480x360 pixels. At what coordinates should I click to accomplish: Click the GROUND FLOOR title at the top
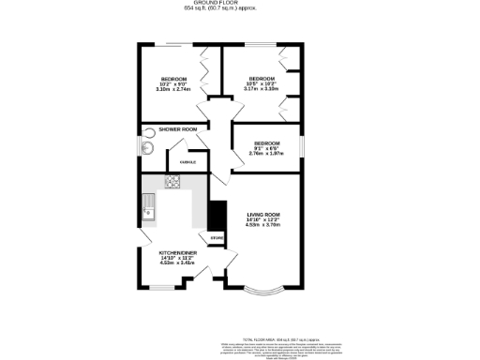coord(240,3)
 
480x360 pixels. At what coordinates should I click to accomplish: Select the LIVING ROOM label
coord(263,215)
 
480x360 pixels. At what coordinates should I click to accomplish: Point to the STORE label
coord(217,239)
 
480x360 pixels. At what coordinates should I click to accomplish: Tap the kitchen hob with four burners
coord(173,182)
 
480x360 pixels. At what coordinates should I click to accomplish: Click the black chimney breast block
coord(217,216)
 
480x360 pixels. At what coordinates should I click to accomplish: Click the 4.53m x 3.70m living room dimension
coord(263,226)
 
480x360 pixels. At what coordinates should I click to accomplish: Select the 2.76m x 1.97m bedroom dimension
coord(266,153)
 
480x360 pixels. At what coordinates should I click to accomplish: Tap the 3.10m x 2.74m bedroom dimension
coord(174,90)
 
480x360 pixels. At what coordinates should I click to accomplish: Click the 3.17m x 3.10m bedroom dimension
coord(262,90)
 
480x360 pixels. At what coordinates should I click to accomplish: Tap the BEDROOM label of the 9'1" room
coord(266,142)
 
